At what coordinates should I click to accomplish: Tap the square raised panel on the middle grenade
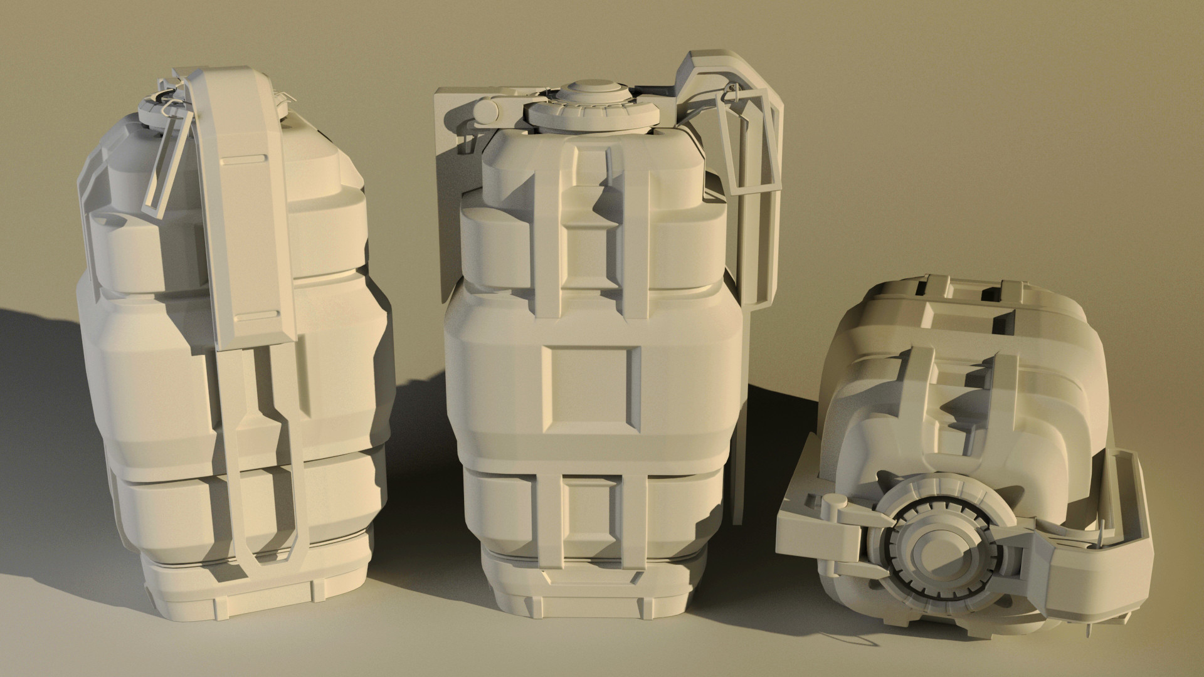tap(592, 389)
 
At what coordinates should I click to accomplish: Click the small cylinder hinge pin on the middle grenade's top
tap(485, 112)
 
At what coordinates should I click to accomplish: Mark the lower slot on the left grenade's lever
tap(257, 315)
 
